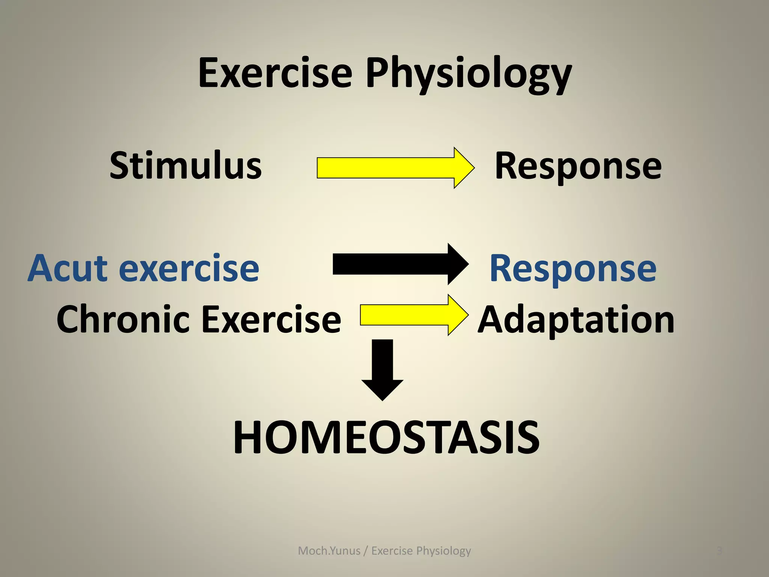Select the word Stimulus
tap(185, 166)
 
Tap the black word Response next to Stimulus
tap(578, 166)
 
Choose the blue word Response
tap(573, 269)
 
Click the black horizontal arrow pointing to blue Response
tap(394, 264)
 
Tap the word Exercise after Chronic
tap(271, 319)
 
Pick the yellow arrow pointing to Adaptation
tap(409, 315)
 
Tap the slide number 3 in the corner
tap(719, 551)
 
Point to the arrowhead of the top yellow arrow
tap(464, 168)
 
